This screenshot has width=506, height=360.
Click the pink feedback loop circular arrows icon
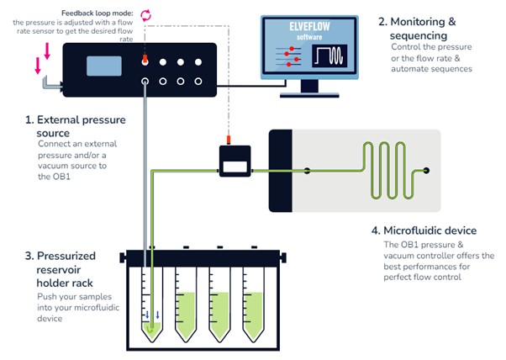tap(145, 15)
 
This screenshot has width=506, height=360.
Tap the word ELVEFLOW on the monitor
tap(309, 26)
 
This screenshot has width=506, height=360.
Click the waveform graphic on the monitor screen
tap(329, 56)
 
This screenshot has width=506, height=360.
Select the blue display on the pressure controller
tap(104, 66)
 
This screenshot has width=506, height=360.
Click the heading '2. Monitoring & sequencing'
tap(417, 29)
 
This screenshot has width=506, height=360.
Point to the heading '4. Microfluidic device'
tap(424, 230)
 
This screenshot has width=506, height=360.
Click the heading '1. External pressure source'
tap(76, 126)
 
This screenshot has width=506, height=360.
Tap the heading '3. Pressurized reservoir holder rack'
tap(61, 269)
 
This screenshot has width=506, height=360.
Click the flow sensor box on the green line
tap(235, 161)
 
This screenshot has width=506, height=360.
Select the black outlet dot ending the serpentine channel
tap(426, 171)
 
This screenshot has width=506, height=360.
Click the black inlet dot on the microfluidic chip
tap(307, 171)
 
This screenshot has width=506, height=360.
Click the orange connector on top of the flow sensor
tap(229, 140)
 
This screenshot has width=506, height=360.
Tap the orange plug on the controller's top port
tap(145, 59)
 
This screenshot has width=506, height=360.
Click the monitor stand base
tap(309, 95)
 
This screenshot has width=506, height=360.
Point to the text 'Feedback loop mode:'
tap(98, 13)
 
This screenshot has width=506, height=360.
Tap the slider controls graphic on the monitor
tap(288, 56)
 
